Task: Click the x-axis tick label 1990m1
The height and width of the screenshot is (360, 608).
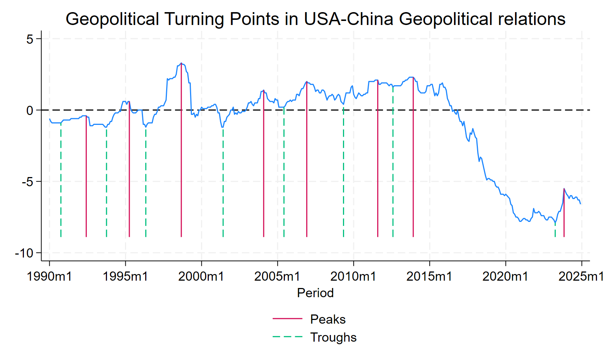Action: (49, 276)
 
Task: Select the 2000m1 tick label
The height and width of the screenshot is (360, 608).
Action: (201, 276)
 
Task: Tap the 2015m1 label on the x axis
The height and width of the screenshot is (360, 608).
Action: (429, 276)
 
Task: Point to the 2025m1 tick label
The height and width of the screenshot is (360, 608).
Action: (581, 276)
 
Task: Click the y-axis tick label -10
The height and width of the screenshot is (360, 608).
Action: (24, 253)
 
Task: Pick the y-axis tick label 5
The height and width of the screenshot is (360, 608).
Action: (30, 39)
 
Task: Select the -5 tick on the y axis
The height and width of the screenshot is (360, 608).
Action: (27, 182)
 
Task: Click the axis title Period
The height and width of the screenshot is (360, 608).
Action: (315, 293)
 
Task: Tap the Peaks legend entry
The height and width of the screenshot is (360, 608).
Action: (328, 319)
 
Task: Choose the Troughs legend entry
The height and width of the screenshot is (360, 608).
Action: (333, 337)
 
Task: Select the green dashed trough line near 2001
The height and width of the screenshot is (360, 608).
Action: (223, 184)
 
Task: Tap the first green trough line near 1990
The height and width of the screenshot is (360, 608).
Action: (61, 184)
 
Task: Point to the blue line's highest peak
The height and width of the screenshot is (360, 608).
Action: (181, 64)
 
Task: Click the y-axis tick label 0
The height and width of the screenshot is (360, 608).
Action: (30, 110)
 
